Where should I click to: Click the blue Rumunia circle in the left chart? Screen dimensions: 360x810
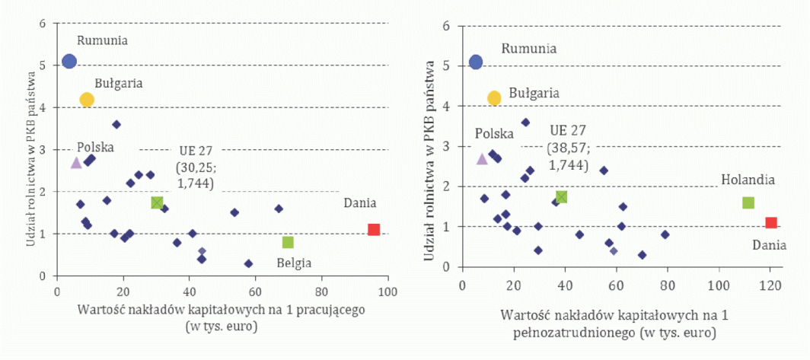tap(69, 61)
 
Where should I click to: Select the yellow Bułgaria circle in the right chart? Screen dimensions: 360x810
tap(494, 97)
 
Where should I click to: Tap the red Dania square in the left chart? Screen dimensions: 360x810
tap(374, 229)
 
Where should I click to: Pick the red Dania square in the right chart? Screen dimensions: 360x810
tap(771, 223)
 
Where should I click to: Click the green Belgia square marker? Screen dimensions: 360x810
tap(288, 242)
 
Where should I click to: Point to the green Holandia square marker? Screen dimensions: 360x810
tap(748, 202)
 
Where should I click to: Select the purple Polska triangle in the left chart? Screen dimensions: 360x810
tap(76, 162)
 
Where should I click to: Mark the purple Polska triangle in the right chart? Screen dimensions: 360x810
tap(482, 158)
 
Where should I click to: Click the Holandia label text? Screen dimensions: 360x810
tap(748, 180)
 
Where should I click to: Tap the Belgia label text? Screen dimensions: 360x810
tap(294, 263)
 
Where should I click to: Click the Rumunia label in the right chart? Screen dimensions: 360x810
tap(528, 49)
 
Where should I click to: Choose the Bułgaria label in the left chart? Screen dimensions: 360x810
tap(119, 83)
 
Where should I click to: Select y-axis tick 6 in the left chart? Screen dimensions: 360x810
tap(43, 24)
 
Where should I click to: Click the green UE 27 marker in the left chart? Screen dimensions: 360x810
tap(157, 202)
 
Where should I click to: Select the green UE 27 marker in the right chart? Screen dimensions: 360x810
tap(561, 196)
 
